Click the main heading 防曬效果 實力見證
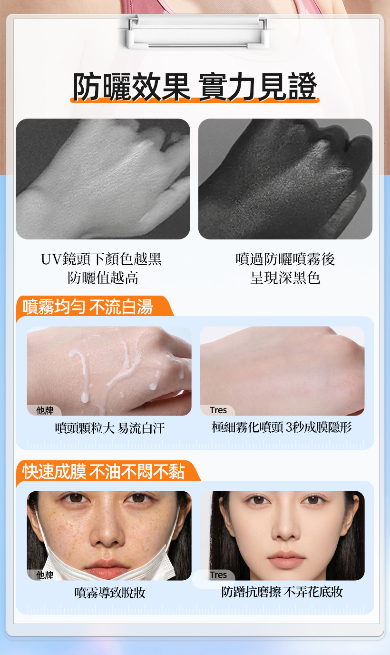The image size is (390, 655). click(x=195, y=86)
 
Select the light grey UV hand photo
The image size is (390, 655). click(x=103, y=179)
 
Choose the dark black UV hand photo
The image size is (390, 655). click(x=285, y=179)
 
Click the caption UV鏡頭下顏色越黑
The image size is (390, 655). click(x=101, y=259)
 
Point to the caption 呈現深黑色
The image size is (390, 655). click(x=285, y=278)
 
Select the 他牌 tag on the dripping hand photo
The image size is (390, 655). click(x=45, y=410)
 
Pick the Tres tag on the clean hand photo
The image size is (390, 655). click(x=218, y=410)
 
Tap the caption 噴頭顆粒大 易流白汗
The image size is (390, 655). click(x=110, y=428)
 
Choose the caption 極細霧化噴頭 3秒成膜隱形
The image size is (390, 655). click(x=282, y=427)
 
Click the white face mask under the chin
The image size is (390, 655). click(x=108, y=567)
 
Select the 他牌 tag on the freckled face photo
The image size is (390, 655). click(x=45, y=575)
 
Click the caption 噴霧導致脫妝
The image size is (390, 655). click(x=110, y=593)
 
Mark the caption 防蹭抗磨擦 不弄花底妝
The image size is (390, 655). click(x=282, y=592)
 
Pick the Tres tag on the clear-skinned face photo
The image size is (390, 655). click(x=218, y=575)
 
